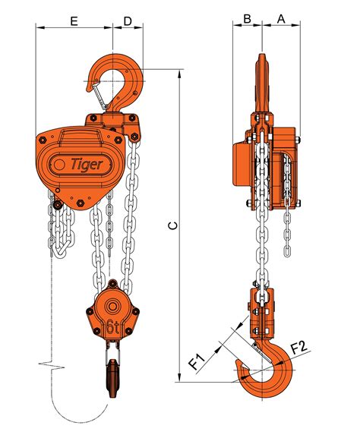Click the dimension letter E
click(74, 21)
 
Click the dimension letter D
click(128, 21)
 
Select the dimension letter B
click(247, 18)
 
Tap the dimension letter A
click(281, 18)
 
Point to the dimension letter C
click(173, 225)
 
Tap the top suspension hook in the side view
click(262, 84)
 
